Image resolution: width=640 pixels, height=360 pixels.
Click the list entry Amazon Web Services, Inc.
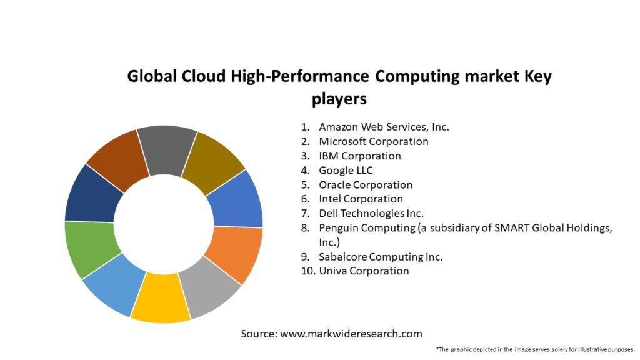[x=384, y=127]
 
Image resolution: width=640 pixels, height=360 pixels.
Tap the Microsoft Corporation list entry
[x=374, y=141]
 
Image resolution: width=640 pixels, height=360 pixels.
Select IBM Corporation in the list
[x=360, y=156]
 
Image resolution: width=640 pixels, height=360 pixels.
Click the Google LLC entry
[x=346, y=170]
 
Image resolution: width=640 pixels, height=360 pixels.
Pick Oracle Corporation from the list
[x=366, y=184]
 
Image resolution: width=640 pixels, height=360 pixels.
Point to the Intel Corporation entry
[x=361, y=199]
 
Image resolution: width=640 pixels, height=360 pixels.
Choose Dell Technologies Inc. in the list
[x=371, y=213]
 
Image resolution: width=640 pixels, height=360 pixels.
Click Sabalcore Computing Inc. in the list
[x=381, y=256]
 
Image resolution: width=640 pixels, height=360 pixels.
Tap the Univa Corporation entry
[x=364, y=271]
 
